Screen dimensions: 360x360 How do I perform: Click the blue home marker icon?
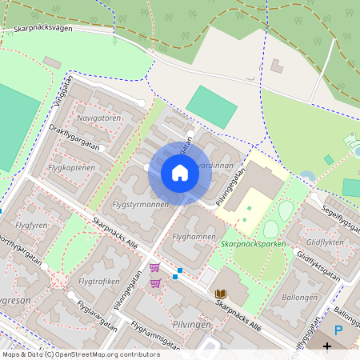point(180,173)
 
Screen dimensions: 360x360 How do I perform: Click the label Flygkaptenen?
point(71,168)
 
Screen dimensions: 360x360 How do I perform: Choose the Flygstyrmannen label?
point(141,204)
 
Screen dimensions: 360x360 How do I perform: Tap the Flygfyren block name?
point(33,226)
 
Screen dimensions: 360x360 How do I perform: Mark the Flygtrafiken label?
point(100,281)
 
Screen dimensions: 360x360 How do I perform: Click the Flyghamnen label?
point(194,237)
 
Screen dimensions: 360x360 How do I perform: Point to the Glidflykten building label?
point(326,242)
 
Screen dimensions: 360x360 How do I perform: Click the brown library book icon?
point(221,294)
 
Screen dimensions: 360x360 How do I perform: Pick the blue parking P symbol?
point(338,329)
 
